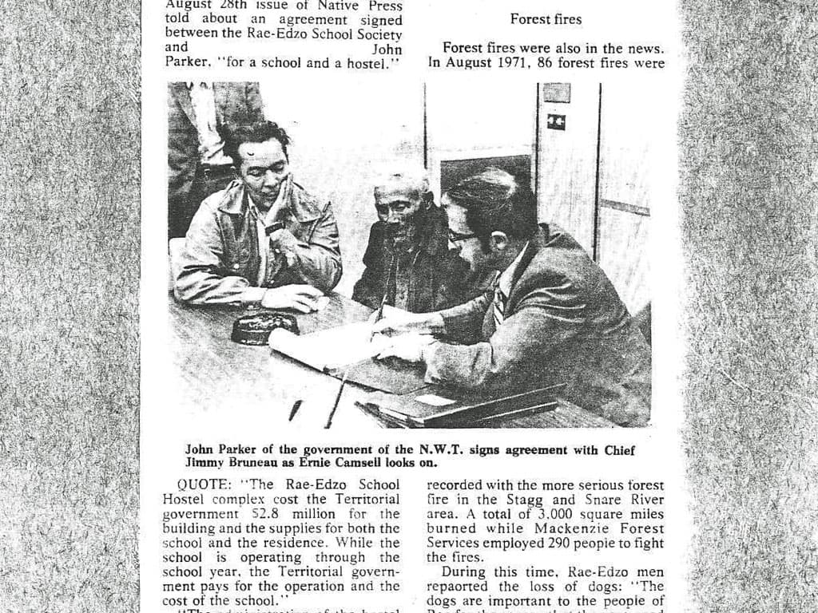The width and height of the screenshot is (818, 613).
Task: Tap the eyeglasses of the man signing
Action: pyautogui.click(x=463, y=236)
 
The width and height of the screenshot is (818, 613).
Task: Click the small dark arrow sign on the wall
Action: pyautogui.click(x=556, y=122)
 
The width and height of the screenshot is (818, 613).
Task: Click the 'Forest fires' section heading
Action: pyautogui.click(x=546, y=19)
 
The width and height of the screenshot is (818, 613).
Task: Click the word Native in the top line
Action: pyautogui.click(x=328, y=5)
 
